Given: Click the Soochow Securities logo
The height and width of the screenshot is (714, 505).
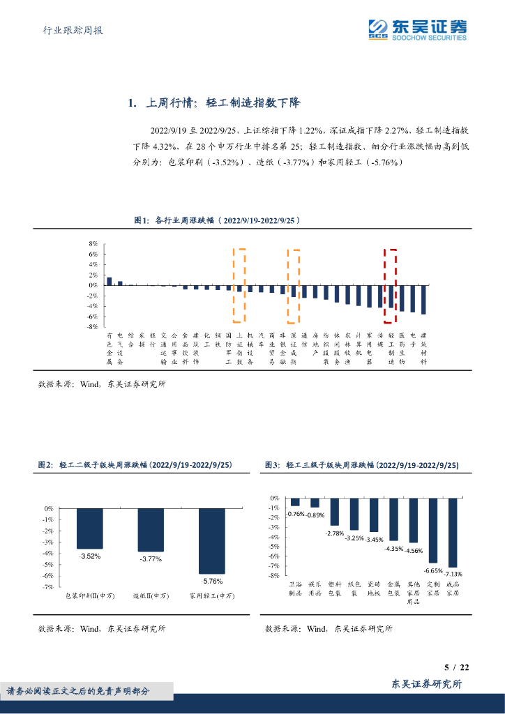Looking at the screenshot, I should pos(417,29).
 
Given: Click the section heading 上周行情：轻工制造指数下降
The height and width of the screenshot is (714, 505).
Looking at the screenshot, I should pos(213,103).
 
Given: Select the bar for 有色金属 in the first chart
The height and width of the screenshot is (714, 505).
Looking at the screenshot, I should pos(109,281).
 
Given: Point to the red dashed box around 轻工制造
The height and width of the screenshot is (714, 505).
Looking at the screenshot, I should pos(391,286).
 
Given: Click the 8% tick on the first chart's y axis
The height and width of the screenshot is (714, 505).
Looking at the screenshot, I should pos(93,244).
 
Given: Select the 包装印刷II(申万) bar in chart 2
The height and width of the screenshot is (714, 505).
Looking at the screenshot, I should pos(90,529).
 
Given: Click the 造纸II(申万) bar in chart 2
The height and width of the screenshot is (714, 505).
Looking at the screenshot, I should pos(151,530).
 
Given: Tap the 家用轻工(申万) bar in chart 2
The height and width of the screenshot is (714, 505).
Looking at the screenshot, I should pos(212,541).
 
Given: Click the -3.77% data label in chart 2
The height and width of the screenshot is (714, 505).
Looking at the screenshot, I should pos(151,559).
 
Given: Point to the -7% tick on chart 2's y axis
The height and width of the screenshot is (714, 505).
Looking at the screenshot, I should pos(49,587).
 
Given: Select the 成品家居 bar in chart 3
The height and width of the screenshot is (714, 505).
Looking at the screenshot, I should pos(453,532).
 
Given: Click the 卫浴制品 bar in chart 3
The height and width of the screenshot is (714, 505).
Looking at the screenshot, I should pos(295,502).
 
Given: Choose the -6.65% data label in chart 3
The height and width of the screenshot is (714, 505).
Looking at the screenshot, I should pos(433,570).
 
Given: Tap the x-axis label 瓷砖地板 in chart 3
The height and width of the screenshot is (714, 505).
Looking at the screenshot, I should pos(374,588).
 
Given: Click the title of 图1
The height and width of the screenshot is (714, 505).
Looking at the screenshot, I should pos(217,220).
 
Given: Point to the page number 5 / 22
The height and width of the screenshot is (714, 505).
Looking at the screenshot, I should pos(456,667).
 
